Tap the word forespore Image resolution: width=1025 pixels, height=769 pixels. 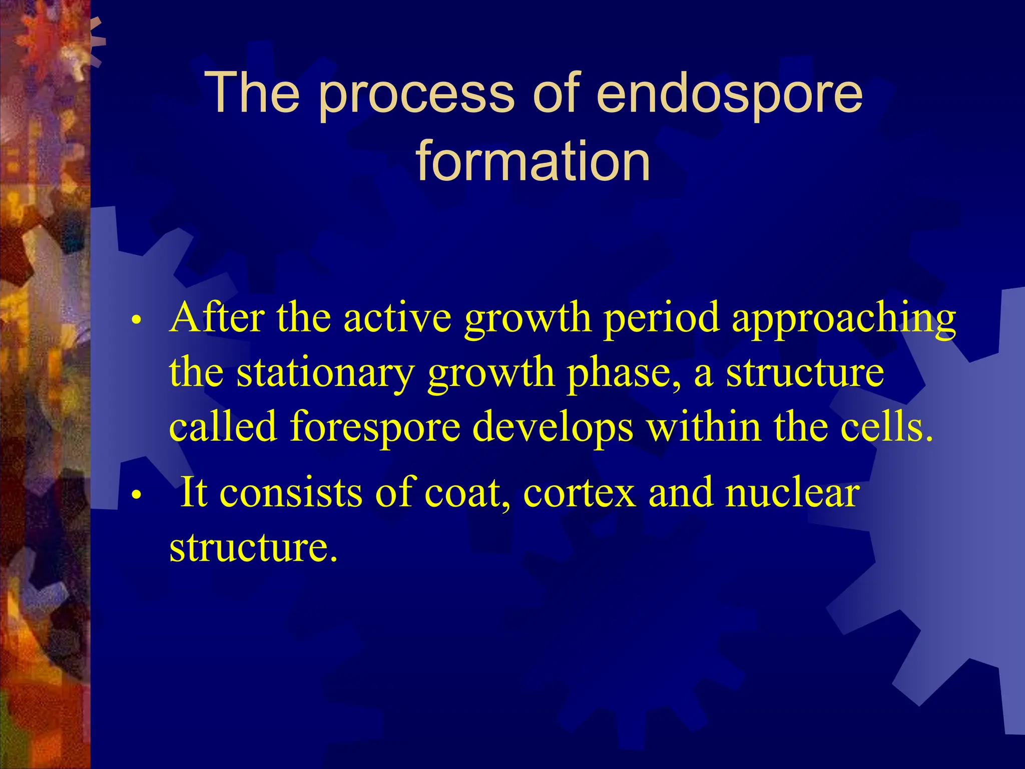click(375, 428)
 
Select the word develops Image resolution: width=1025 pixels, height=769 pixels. click(553, 428)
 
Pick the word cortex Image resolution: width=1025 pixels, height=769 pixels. click(580, 493)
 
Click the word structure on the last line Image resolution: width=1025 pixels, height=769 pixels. click(253, 547)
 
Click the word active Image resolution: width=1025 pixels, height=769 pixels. click(397, 318)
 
